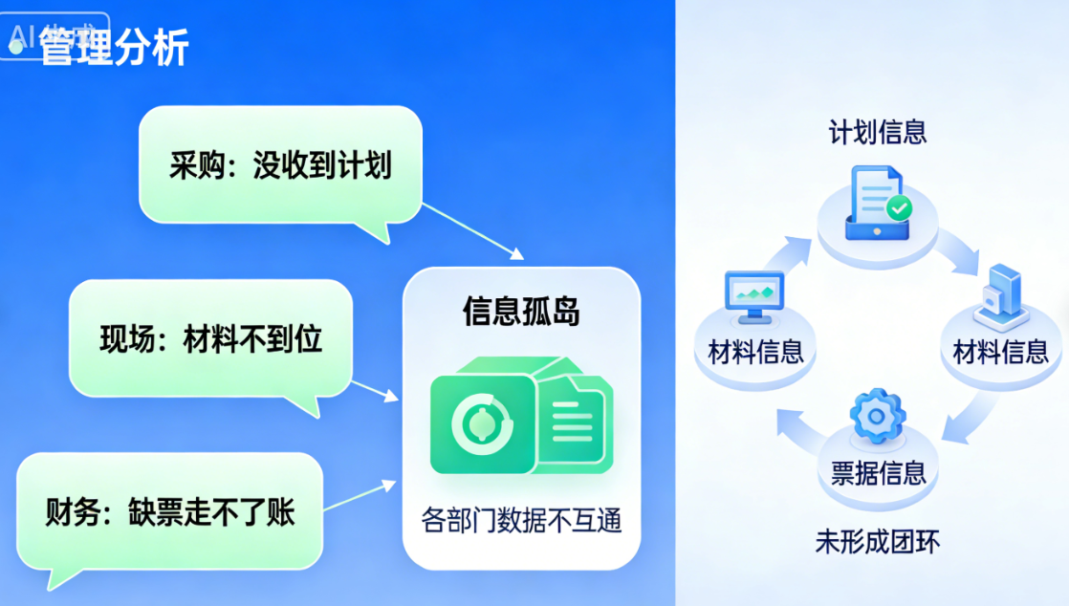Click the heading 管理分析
(113, 47)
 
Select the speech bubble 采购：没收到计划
(280, 165)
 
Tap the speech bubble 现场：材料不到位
(210, 339)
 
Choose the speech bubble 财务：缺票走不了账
(170, 512)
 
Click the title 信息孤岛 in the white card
(521, 311)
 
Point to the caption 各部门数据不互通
(521, 521)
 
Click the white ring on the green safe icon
(481, 423)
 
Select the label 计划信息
(877, 132)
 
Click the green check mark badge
(899, 207)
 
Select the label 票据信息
(878, 472)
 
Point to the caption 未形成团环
(877, 542)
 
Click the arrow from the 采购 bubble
(472, 230)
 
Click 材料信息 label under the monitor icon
(755, 352)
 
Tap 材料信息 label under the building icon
(1000, 352)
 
